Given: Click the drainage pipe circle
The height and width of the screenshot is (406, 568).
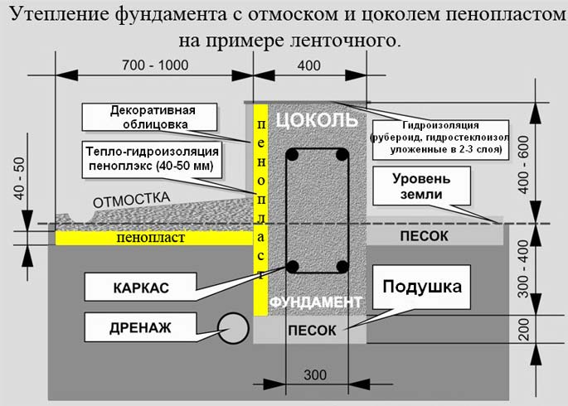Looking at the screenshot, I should pos(233,327).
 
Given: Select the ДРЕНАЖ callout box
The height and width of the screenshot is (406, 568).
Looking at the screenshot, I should pos(140,327).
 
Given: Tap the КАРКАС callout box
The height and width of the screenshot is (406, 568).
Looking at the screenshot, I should pos(140,288).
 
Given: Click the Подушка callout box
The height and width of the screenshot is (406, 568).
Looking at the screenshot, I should pos(421,288).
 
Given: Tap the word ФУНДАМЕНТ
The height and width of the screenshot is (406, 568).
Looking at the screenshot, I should pos(316,301).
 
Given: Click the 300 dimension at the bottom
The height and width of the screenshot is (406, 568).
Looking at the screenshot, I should pos(315,375).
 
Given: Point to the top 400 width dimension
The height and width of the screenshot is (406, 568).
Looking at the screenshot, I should pos(308,65).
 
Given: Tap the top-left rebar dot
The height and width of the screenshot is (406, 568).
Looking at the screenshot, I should pos(293,155).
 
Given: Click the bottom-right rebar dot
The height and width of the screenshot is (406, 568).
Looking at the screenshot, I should pos(341,267).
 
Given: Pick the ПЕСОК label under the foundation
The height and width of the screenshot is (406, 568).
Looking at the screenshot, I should pos(312,330).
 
